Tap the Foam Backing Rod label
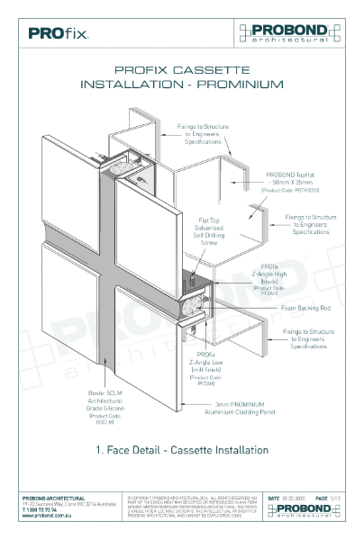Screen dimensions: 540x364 coord(298,306)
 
